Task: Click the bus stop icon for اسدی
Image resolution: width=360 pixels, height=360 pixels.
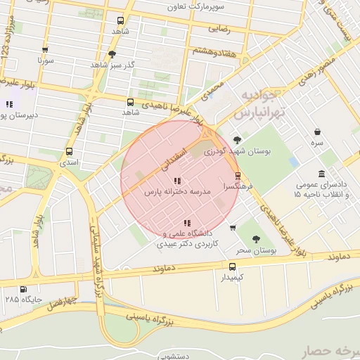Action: pyautogui.click(x=69, y=151)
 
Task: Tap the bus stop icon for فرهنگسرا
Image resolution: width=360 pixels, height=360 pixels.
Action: pyautogui.click(x=238, y=176)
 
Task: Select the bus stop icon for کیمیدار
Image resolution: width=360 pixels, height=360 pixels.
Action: pyautogui.click(x=233, y=266)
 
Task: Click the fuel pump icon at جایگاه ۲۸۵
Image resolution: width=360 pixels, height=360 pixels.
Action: pyautogui.click(x=24, y=289)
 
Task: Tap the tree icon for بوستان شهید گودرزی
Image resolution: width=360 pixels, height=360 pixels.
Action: pyautogui.click(x=237, y=139)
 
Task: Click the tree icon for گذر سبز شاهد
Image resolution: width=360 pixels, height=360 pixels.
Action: pyautogui.click(x=112, y=54)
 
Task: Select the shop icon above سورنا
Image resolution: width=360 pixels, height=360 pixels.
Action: pyautogui.click(x=45, y=50)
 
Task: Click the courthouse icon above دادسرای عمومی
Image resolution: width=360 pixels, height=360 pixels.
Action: pyautogui.click(x=321, y=174)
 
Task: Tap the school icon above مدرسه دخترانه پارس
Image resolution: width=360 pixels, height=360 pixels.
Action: pyautogui.click(x=176, y=181)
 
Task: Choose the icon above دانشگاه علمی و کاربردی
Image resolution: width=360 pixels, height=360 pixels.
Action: pyautogui.click(x=186, y=224)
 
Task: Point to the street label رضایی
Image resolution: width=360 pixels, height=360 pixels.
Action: pyautogui.click(x=217, y=30)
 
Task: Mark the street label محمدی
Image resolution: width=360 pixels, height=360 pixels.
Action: pyautogui.click(x=211, y=89)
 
